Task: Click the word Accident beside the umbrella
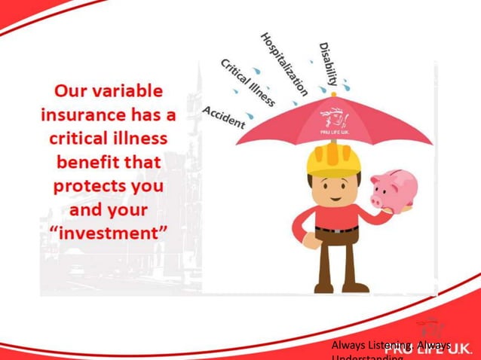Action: [x=224, y=117]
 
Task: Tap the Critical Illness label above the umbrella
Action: [x=248, y=81]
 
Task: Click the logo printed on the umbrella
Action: [x=333, y=121]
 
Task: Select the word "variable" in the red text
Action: [x=130, y=92]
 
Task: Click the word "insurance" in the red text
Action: [x=82, y=116]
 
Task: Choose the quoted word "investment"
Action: [x=106, y=233]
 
